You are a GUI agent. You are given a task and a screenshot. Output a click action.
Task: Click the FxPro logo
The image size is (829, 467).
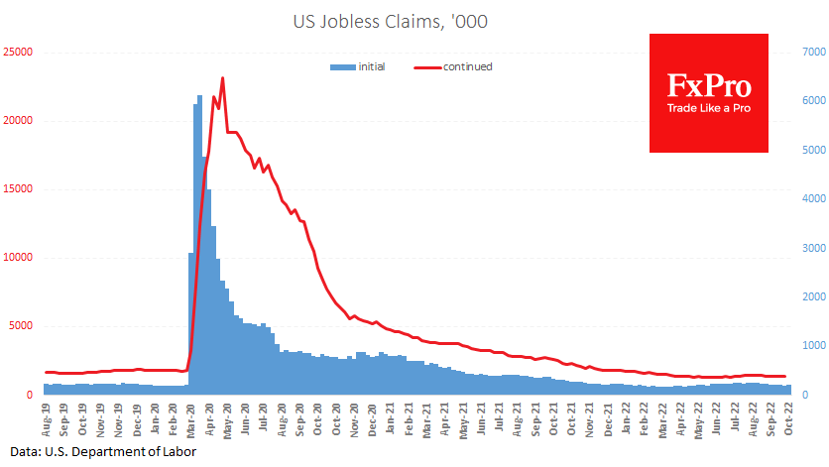(x=708, y=92)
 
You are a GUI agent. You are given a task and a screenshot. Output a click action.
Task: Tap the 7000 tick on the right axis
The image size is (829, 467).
(x=810, y=52)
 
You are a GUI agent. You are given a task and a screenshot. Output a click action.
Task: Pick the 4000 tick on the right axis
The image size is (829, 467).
(x=810, y=198)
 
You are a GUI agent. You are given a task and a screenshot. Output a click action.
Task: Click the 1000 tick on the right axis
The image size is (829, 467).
(x=810, y=345)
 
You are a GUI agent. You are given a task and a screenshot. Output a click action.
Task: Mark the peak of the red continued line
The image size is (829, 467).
(x=222, y=78)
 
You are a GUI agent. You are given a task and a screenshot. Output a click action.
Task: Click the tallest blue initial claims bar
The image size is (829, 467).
(x=199, y=96)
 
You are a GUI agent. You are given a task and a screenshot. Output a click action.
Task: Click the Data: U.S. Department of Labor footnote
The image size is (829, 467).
(x=97, y=452)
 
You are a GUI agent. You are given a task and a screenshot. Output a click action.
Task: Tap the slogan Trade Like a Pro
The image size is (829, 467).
(x=708, y=107)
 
